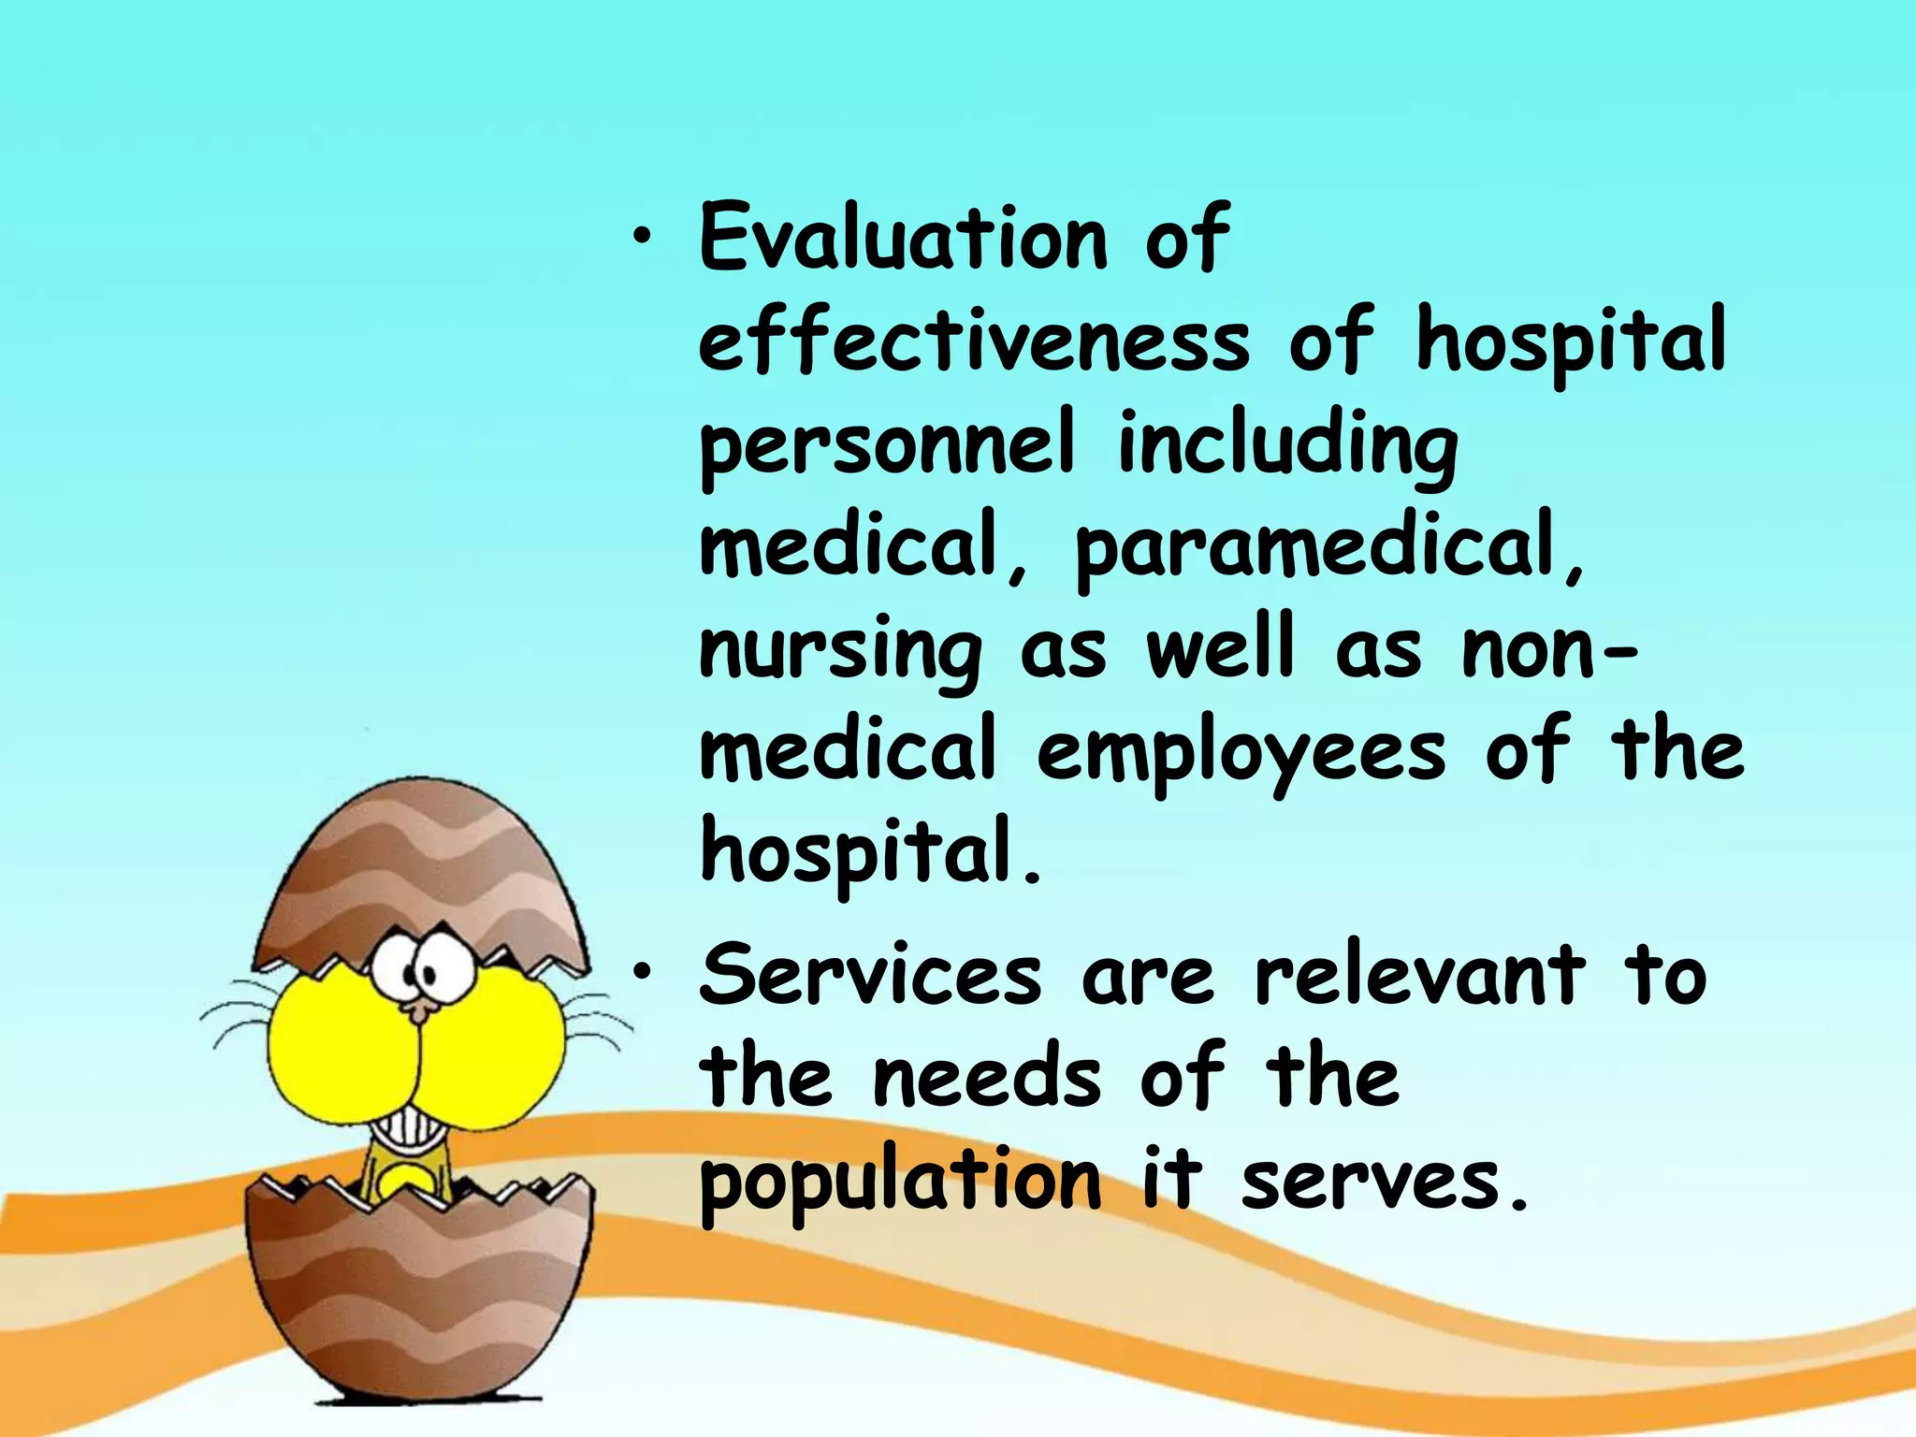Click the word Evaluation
(904, 239)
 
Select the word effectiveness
(974, 341)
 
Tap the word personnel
(887, 447)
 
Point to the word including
(1287, 447)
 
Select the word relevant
(1420, 976)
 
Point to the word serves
(1383, 1181)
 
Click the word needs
(987, 1079)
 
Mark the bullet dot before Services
(640, 975)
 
